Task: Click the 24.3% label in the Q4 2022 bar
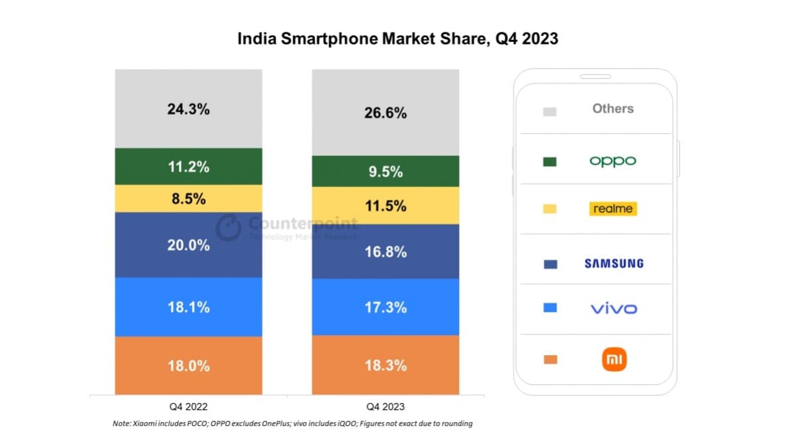(188, 110)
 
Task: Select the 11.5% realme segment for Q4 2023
(385, 206)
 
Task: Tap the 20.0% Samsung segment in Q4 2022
(188, 245)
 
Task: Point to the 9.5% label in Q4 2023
(385, 172)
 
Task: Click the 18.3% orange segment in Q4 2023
(385, 366)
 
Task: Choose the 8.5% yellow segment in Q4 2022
(188, 198)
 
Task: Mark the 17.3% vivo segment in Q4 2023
(385, 307)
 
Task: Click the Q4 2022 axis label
(188, 406)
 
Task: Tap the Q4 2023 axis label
(385, 406)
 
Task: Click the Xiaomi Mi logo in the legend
(614, 360)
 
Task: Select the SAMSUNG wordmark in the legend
(614, 263)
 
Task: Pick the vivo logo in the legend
(614, 309)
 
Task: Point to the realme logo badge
(612, 209)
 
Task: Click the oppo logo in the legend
(612, 161)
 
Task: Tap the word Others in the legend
(612, 108)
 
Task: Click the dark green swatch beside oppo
(549, 162)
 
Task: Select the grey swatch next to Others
(549, 112)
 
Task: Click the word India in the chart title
(256, 39)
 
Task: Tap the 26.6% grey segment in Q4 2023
(385, 113)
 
